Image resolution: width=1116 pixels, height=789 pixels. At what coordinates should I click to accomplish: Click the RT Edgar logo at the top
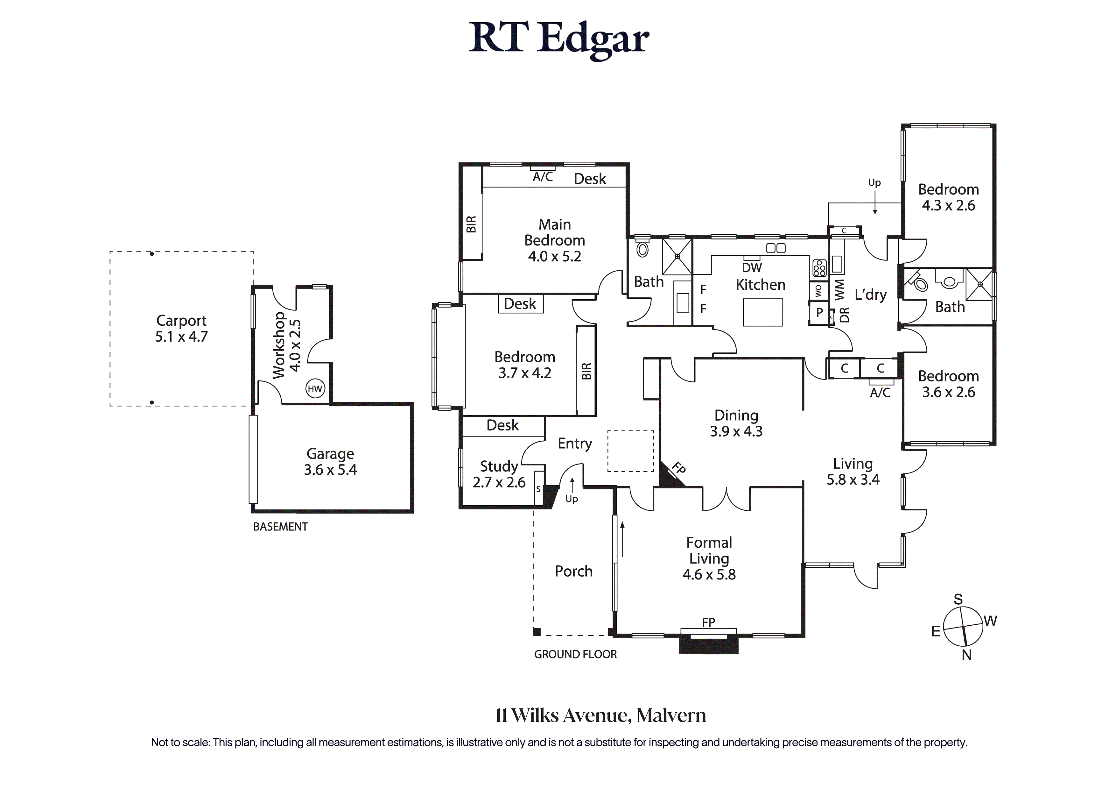coord(559,39)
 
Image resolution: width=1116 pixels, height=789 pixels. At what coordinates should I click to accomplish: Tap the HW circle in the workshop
coord(315,389)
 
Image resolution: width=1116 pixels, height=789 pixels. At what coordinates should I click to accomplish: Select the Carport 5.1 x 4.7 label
coord(181,328)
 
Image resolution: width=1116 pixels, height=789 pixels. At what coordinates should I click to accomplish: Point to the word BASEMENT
coord(280,527)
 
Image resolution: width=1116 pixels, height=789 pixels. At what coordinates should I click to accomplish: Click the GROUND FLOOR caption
coord(575,655)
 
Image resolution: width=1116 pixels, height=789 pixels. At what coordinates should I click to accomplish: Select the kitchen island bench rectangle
coord(763,312)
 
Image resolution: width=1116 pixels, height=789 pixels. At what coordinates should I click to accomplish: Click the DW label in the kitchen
coord(752,267)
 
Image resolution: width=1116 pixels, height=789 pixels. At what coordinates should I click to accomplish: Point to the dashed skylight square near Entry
coord(630,451)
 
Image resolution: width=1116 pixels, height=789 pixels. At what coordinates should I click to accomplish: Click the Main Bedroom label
coord(555,240)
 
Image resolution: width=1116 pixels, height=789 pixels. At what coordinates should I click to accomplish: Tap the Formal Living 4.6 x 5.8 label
coord(709,558)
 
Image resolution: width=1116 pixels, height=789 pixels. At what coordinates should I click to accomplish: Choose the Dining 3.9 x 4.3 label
coord(736,423)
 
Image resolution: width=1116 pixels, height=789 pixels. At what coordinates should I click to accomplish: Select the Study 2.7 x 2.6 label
coord(499,474)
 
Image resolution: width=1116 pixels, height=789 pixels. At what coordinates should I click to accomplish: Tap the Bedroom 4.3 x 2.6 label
coord(948,197)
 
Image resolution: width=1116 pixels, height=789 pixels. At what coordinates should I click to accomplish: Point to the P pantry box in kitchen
coord(819,313)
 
